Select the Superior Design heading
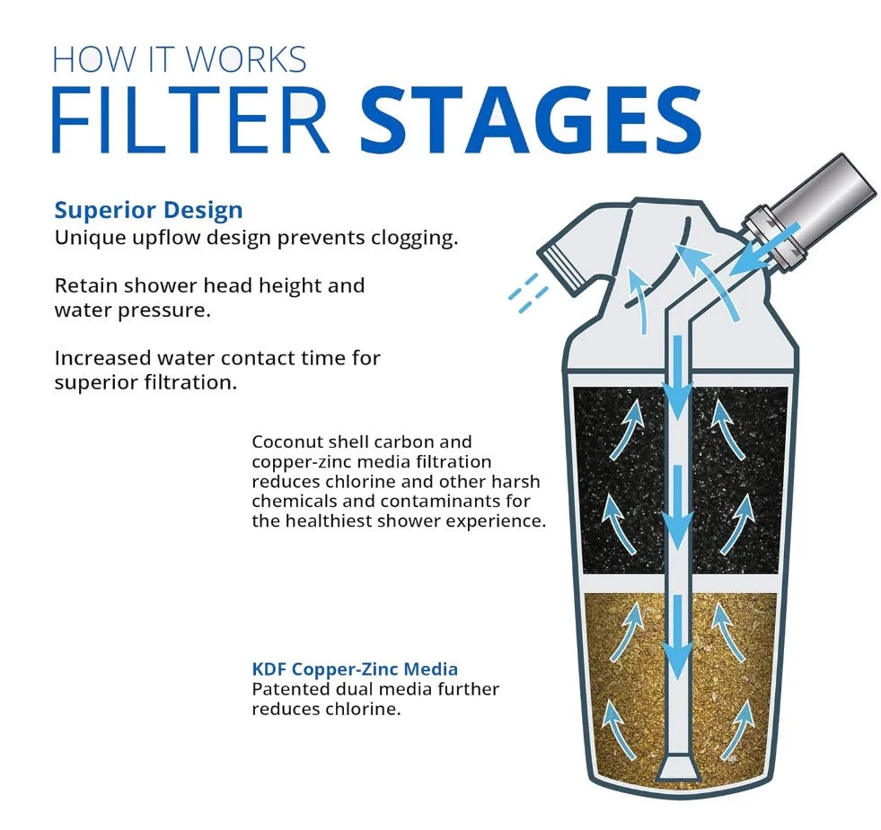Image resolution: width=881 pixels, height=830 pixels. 148,210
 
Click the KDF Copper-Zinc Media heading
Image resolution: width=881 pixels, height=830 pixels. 355,669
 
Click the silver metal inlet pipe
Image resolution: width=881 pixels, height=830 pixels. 822,197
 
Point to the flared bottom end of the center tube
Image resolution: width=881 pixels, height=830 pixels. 679,768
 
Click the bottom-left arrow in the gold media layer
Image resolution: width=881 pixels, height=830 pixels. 614,718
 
